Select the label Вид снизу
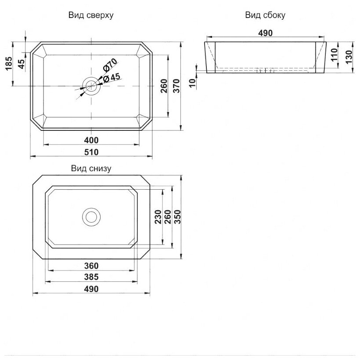pos(91,168)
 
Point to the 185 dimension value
pos(8,65)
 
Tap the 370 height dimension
pos(176,86)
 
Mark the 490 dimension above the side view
pos(265,33)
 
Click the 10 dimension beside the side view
pos(192,83)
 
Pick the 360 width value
pos(91,266)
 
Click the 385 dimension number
pos(91,277)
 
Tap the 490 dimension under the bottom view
pos(91,288)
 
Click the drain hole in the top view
pos(92,85)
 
